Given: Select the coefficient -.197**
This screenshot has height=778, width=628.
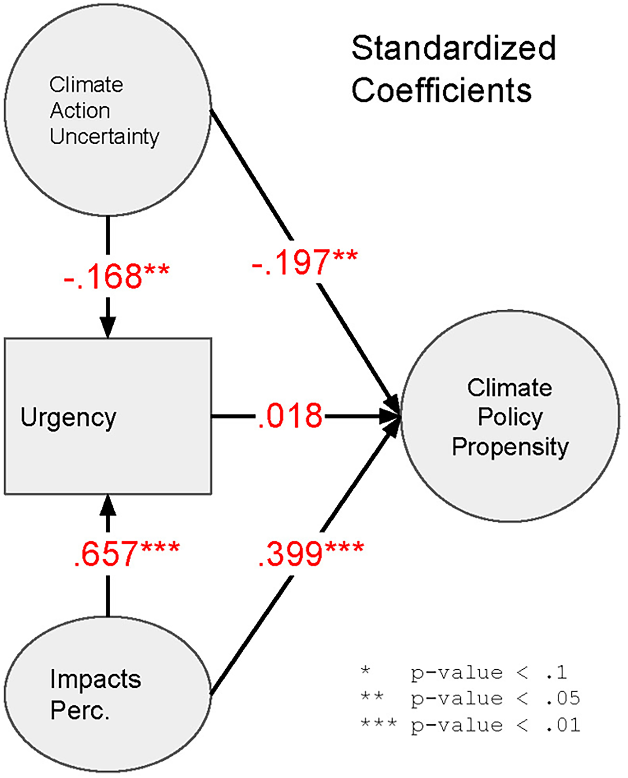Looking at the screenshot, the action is click(304, 261).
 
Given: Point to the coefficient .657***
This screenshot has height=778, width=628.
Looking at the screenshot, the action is click(126, 553).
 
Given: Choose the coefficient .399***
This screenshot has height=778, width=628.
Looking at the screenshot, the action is click(311, 553).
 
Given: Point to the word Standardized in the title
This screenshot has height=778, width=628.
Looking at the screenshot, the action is click(454, 48).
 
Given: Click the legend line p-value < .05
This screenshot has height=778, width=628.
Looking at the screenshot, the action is click(470, 699).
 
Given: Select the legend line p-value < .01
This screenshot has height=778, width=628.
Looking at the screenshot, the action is click(470, 725).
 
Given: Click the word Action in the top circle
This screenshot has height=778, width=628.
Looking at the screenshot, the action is click(80, 110).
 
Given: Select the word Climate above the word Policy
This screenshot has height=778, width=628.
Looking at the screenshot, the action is click(510, 388).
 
